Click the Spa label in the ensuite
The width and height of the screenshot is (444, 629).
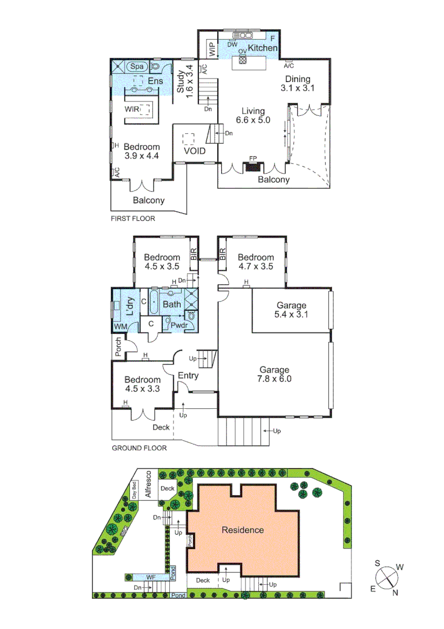pyautogui.click(x=137, y=66)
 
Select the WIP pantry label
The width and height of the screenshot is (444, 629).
pyautogui.click(x=212, y=49)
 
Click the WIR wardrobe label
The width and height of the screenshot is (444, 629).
pyautogui.click(x=132, y=109)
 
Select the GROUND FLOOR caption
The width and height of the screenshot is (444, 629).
pyautogui.click(x=138, y=448)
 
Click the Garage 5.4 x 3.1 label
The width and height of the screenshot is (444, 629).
pyautogui.click(x=290, y=310)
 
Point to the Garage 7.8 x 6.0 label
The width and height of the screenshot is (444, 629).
pyautogui.click(x=275, y=374)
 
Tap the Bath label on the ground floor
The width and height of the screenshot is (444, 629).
pyautogui.click(x=172, y=304)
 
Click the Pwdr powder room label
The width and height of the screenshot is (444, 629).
pyautogui.click(x=177, y=325)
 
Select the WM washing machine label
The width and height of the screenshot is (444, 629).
pyautogui.click(x=120, y=327)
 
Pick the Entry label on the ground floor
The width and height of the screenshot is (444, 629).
pyautogui.click(x=188, y=376)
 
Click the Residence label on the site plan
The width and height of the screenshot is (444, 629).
pyautogui.click(x=243, y=530)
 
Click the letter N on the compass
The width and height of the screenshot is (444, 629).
pyautogui.click(x=395, y=593)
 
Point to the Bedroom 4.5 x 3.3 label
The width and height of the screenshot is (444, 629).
pyautogui.click(x=143, y=384)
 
